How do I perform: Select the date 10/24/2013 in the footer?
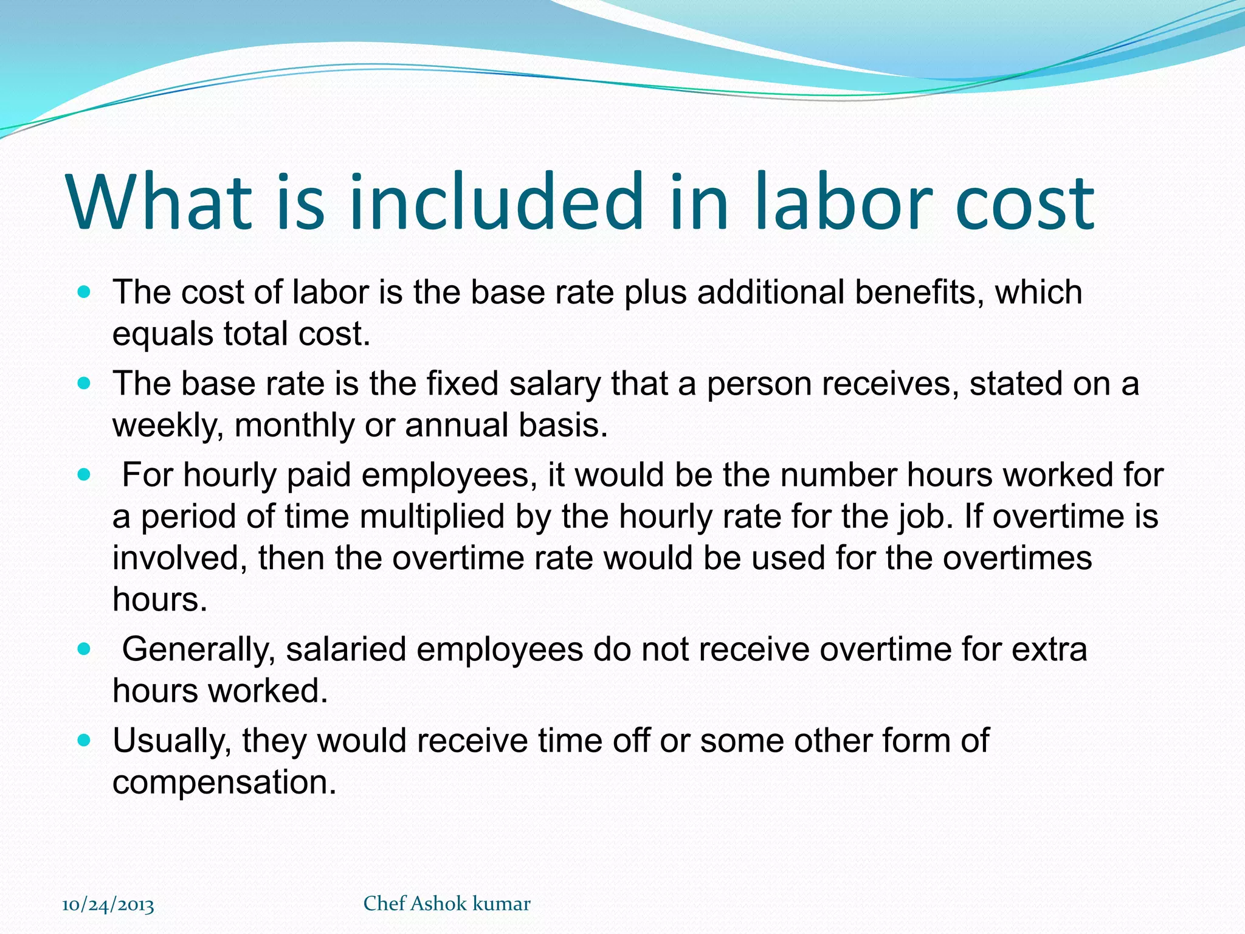tap(108, 905)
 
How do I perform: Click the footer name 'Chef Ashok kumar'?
tap(447, 904)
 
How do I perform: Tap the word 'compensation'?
tap(224, 782)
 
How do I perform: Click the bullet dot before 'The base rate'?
tap(84, 384)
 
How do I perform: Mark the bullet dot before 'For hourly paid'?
tap(84, 475)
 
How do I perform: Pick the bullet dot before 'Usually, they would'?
tap(84, 741)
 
